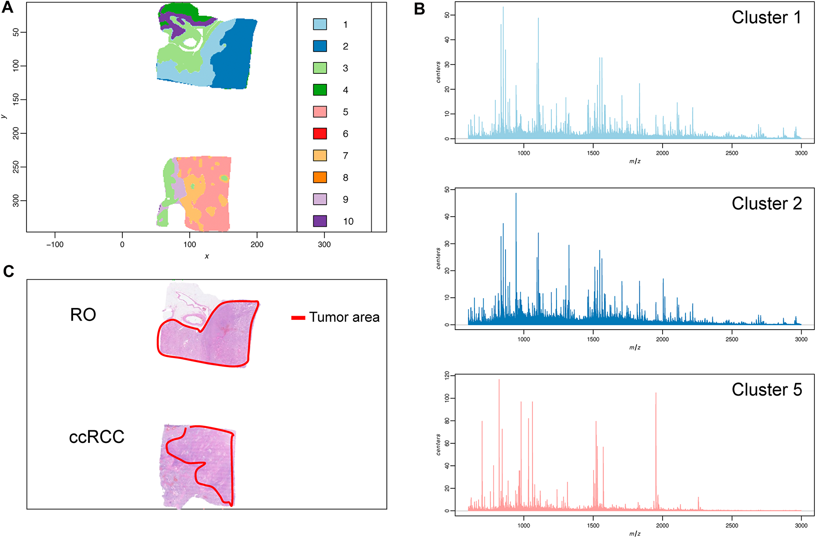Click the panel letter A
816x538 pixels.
[x=7, y=7]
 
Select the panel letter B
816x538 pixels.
[x=419, y=9]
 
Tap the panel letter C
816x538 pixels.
[x=9, y=271]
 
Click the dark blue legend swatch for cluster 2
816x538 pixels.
[x=320, y=46]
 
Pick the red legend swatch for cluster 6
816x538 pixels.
[x=320, y=133]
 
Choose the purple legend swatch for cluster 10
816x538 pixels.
[x=320, y=221]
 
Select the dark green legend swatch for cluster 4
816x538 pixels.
[x=320, y=90]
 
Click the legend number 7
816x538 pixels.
[x=346, y=156]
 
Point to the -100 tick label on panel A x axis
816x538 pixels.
[x=55, y=245]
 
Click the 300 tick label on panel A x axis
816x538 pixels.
[x=324, y=245]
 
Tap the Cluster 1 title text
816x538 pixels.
[x=766, y=18]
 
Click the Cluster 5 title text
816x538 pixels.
[x=766, y=390]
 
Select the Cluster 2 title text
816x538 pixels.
[x=766, y=204]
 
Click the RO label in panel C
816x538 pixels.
[x=83, y=315]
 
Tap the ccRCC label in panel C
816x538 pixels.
[x=97, y=437]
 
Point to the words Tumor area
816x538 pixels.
[x=344, y=317]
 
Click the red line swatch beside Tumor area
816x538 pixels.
[x=298, y=318]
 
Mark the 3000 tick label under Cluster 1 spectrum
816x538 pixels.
[x=801, y=153]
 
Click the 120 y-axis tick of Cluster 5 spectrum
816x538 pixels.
[x=447, y=375]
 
